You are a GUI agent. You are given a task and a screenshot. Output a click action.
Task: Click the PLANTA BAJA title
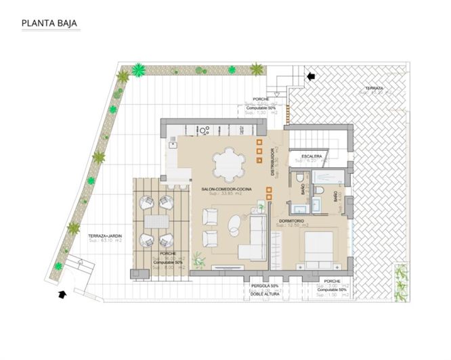click(49, 23)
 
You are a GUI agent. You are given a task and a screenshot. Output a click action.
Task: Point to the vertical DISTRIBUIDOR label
click(273, 162)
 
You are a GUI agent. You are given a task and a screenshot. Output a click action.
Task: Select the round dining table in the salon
click(231, 163)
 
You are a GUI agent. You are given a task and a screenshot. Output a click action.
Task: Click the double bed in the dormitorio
click(318, 247)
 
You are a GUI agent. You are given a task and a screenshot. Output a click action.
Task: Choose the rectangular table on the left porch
click(156, 221)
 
